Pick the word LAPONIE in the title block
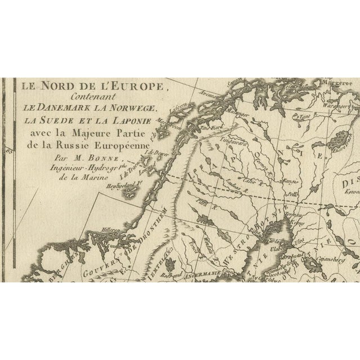pyautogui.click(x=132, y=120)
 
